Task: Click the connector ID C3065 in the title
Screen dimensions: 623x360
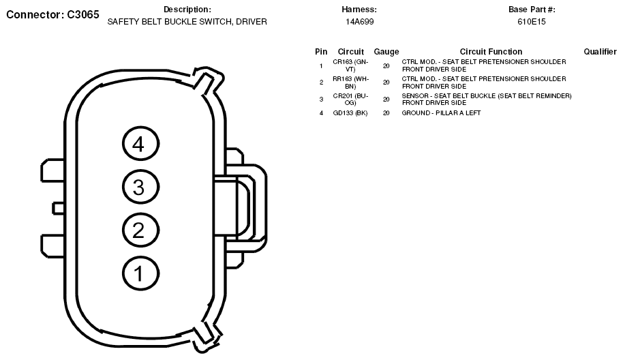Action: point(83,15)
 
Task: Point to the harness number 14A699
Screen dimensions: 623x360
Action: point(360,22)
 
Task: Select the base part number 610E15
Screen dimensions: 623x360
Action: point(532,22)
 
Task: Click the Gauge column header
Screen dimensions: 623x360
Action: point(386,52)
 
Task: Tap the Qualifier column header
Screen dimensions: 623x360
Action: point(600,52)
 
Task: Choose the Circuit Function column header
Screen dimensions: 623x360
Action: point(491,52)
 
